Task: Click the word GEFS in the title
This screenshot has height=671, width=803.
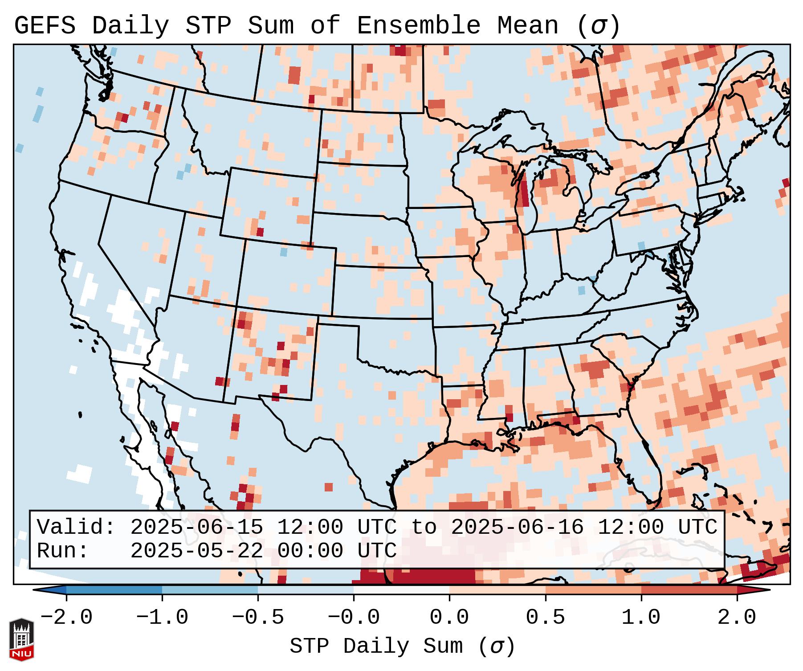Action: pyautogui.click(x=45, y=26)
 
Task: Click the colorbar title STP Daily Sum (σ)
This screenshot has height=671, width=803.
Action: pyautogui.click(x=402, y=646)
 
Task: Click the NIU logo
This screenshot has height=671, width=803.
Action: pyautogui.click(x=21, y=640)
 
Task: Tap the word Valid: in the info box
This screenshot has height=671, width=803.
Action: pyautogui.click(x=76, y=528)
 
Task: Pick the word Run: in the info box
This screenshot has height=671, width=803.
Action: pyautogui.click(x=63, y=551)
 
